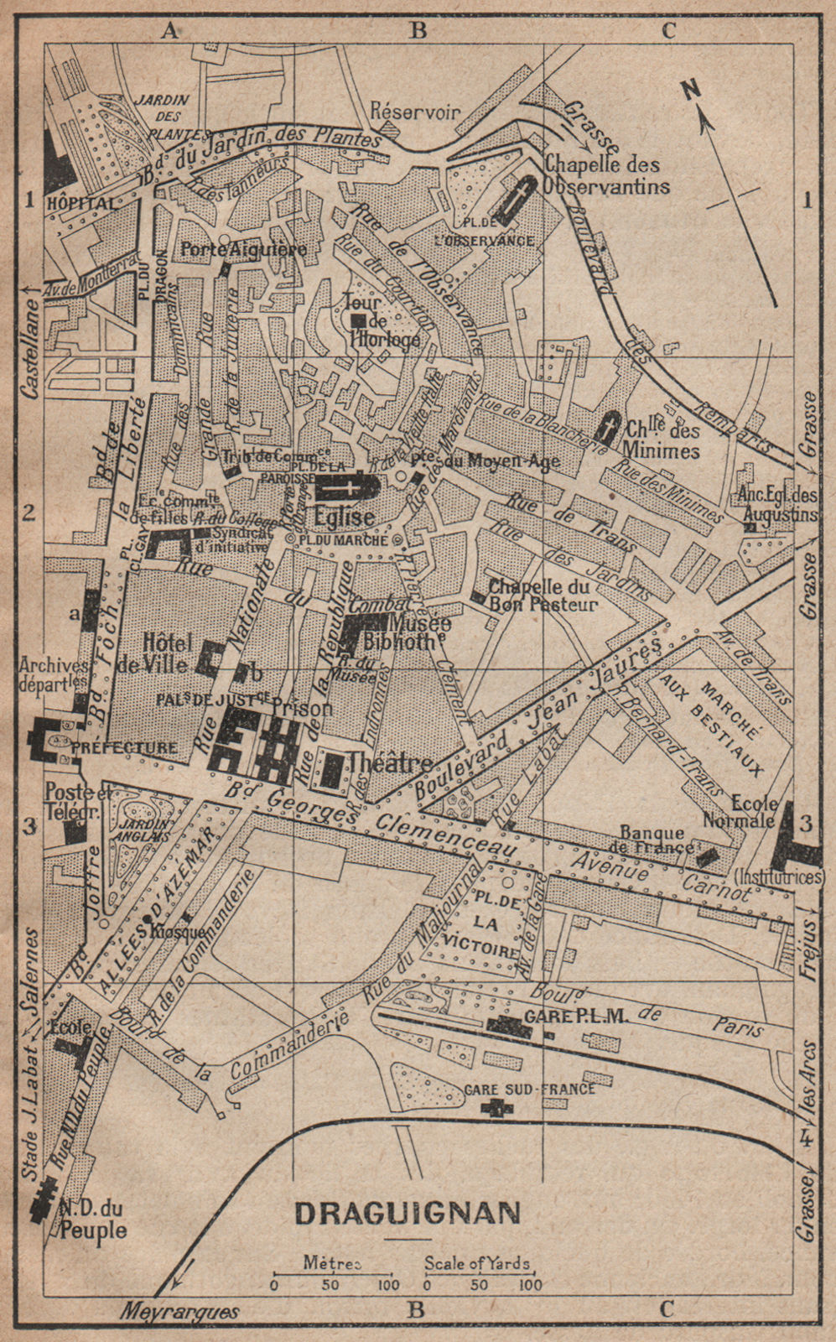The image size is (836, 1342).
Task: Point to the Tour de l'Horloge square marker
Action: point(359,320)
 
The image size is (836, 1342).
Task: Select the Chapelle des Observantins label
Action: point(607,174)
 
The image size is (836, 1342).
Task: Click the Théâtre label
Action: point(390,762)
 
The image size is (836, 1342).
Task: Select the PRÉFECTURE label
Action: point(135,747)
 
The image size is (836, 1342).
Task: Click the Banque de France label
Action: point(657,839)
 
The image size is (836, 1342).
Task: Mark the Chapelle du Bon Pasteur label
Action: point(543,596)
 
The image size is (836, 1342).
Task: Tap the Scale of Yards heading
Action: point(476,1263)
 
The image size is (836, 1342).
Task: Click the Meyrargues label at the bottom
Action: point(180,1312)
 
